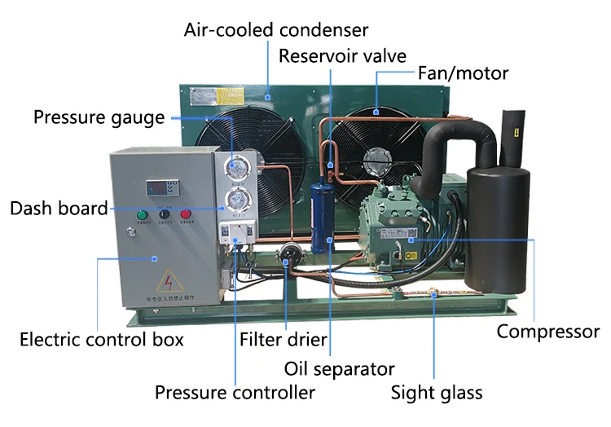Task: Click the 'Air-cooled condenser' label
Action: (275, 31)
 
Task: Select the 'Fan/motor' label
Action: (463, 73)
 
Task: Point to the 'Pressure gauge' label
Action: (99, 117)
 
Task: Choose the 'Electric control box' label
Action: (101, 338)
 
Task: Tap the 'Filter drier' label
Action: (283, 338)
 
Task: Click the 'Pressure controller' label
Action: (235, 393)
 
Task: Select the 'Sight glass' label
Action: (437, 393)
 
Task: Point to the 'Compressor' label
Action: (548, 332)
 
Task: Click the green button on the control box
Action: (142, 216)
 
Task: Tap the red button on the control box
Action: (185, 215)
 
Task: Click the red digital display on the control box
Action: (160, 186)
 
